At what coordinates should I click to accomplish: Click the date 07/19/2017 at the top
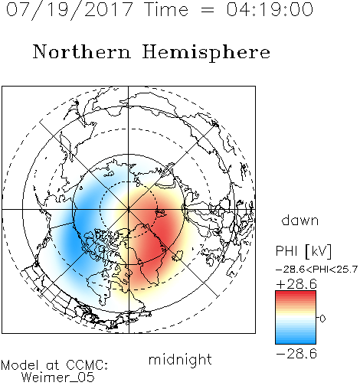pos(69,10)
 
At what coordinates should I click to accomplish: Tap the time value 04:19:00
pos(270,9)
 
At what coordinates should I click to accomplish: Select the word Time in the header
pos(166,9)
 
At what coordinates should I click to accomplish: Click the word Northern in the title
pos(82,51)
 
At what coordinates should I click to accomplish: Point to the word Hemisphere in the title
pos(206,53)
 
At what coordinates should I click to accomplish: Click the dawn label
pos(300,221)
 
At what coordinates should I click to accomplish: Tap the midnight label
pos(180,359)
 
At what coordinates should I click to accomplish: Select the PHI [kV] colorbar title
pos(303,251)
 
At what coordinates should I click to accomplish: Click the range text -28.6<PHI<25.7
pos(316,269)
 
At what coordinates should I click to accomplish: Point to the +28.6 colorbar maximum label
pos(296,284)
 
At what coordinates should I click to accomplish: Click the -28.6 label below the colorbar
pos(296,354)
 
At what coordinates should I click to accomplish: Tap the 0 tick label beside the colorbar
pos(322,319)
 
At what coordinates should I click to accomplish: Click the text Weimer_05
pos(58,378)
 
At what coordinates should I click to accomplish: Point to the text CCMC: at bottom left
pos(87,365)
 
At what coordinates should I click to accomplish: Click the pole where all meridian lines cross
pos(129,209)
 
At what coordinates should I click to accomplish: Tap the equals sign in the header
pos(208,10)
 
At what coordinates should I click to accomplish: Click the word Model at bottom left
pos(20,365)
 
